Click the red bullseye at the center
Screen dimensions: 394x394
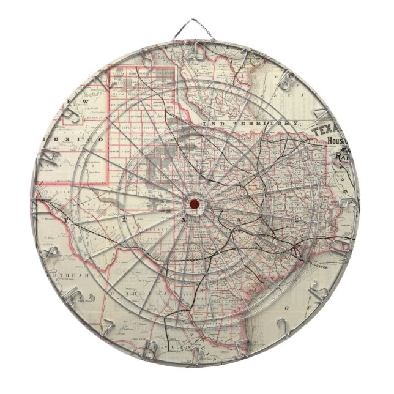(x=194, y=204)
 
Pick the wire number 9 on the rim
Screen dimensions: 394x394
(x=72, y=111)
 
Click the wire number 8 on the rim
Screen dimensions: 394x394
(x=51, y=253)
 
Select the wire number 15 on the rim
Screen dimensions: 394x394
(x=316, y=296)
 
